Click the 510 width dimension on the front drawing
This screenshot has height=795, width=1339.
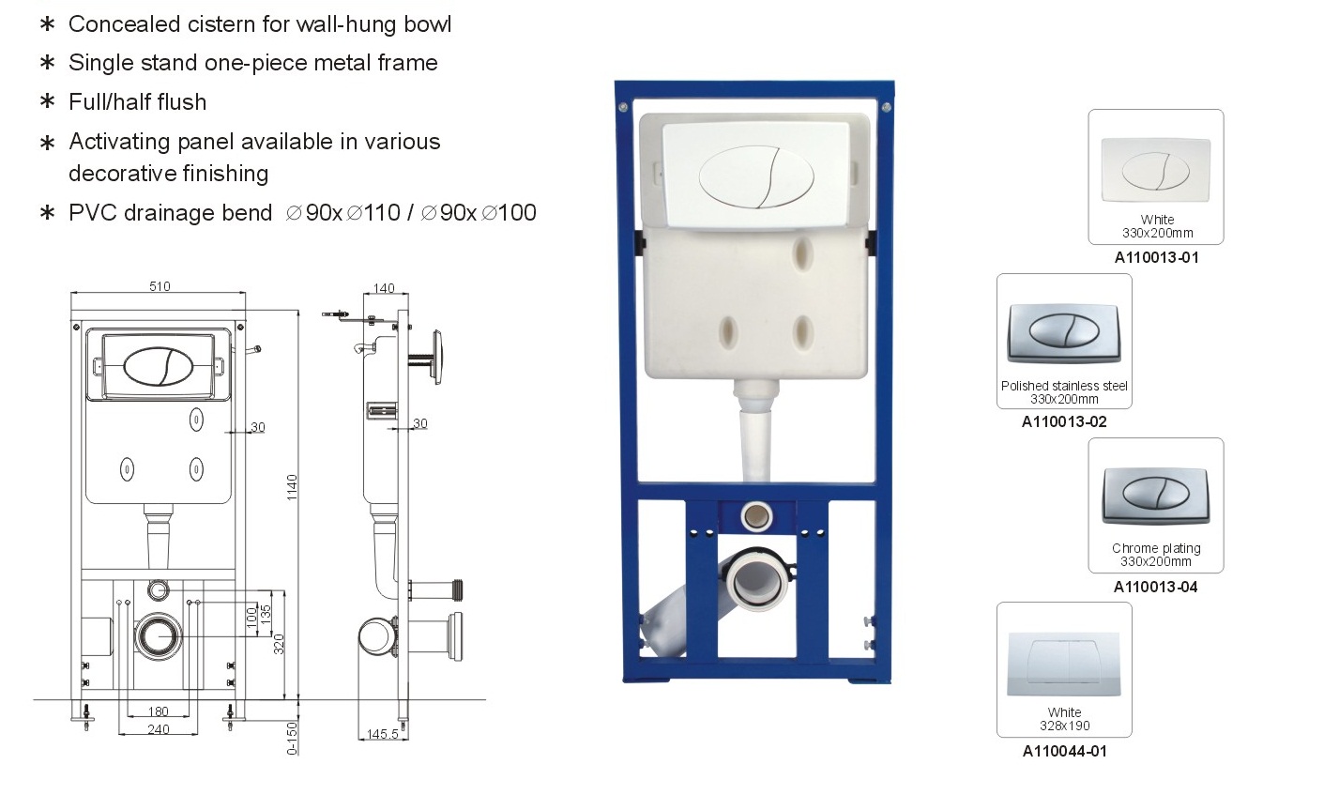coord(160,286)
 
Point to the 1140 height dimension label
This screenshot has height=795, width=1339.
coord(292,487)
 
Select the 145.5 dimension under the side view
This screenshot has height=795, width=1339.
coord(382,733)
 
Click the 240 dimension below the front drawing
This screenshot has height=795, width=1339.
coord(159,729)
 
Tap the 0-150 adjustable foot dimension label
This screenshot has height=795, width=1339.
coord(292,738)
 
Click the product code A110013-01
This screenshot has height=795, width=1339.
coord(1156,257)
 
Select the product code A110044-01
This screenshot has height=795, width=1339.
coord(1064,751)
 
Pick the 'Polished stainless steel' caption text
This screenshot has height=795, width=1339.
coord(1064,386)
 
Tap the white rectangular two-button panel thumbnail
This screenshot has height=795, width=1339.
coord(1064,664)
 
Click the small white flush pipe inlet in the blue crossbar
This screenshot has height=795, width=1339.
coord(755,515)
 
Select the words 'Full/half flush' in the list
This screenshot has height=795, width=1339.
coord(137,101)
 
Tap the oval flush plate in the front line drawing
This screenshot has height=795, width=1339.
coord(159,366)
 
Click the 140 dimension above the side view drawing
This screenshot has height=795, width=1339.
coord(384,289)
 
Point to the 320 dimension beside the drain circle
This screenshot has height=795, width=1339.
coord(279,644)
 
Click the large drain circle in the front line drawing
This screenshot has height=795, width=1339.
coord(158,635)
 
